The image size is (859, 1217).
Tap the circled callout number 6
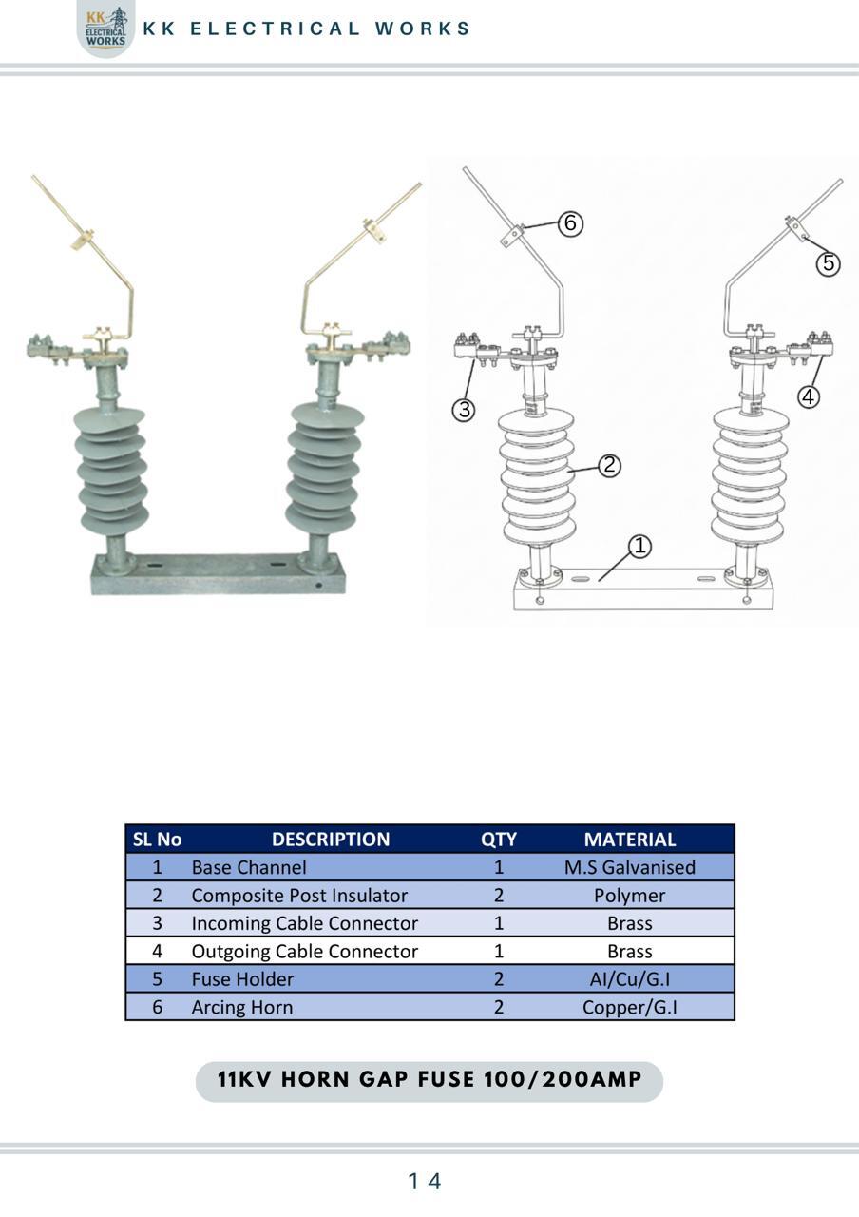[570, 223]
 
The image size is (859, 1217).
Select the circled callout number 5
[828, 263]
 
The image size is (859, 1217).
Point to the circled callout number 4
[808, 396]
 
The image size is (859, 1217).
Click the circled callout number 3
[464, 409]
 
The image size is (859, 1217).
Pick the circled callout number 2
[609, 465]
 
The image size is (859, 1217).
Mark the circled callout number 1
[639, 546]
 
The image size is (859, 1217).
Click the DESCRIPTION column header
[331, 840]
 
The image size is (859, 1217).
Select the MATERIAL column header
[630, 840]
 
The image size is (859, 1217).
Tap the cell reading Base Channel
[249, 868]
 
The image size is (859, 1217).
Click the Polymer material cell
[629, 896]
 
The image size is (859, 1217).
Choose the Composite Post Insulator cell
[299, 896]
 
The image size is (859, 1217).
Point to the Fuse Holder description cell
[242, 979]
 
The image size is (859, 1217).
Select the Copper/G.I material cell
[630, 1008]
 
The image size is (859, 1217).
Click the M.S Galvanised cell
[630, 868]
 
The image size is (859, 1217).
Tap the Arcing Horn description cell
[241, 1008]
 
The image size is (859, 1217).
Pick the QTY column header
[499, 840]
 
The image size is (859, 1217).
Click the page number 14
[425, 1181]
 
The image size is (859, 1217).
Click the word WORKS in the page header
[422, 29]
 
